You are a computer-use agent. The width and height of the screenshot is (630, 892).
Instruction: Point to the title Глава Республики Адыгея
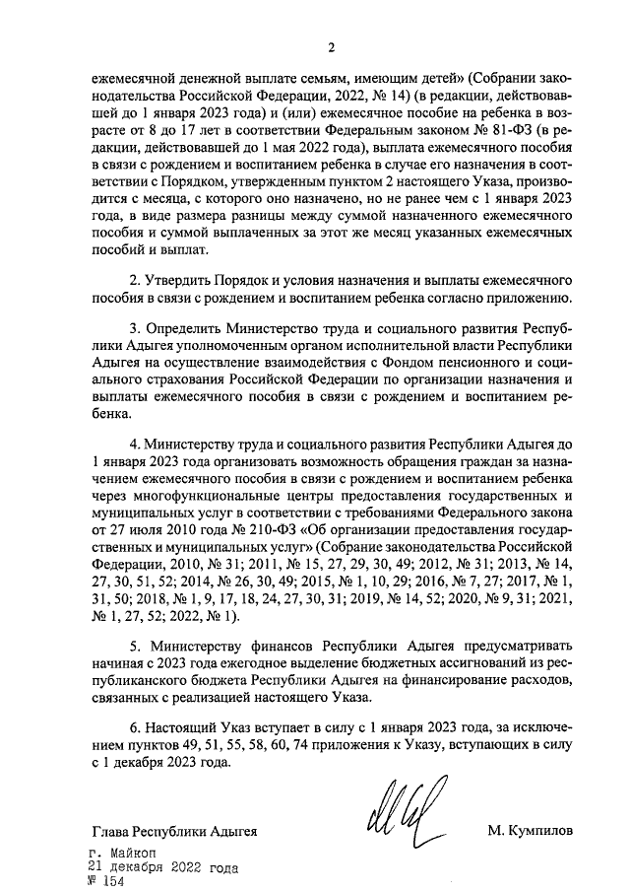tap(173, 832)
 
